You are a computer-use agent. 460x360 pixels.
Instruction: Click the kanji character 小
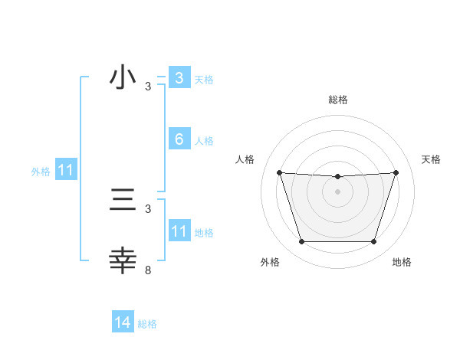[x=123, y=77]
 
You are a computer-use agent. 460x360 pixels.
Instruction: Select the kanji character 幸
[x=123, y=260]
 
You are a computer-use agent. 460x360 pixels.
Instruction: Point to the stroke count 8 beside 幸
[x=148, y=270]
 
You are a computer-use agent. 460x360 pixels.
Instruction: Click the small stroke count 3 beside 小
[x=148, y=87]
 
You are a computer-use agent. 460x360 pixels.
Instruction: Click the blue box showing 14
[x=123, y=323]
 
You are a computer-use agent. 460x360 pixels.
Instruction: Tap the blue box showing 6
[x=179, y=139]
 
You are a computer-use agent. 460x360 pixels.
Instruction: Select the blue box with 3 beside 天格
[x=179, y=77]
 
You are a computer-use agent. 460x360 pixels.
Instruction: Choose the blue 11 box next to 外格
[x=65, y=171]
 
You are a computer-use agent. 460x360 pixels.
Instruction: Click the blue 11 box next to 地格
[x=179, y=231]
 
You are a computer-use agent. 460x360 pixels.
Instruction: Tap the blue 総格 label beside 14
[x=147, y=324]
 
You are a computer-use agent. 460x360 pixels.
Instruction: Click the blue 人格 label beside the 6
[x=204, y=141]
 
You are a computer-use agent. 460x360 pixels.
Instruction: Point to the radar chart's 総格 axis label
[x=337, y=100]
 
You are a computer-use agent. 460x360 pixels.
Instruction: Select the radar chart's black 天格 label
[x=431, y=159]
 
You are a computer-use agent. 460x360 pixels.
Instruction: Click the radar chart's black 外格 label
[x=270, y=262]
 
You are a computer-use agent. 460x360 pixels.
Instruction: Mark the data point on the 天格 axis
[x=396, y=172]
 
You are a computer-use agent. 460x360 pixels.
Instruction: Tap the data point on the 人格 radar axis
[x=279, y=172]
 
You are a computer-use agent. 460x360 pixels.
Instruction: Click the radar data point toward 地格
[x=373, y=242]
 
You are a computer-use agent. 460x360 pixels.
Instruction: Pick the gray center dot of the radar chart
[x=337, y=191]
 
